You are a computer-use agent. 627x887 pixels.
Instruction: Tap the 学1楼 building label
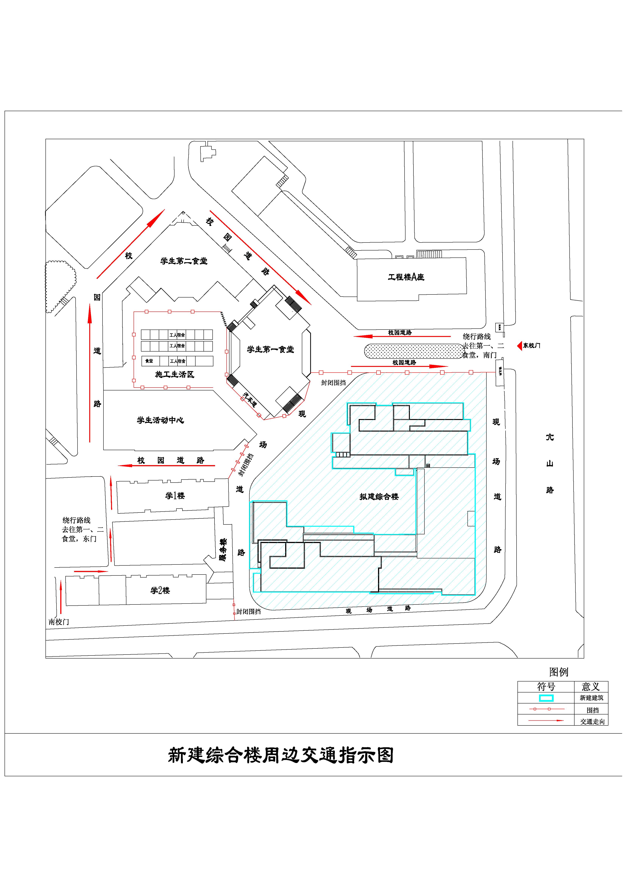(x=175, y=496)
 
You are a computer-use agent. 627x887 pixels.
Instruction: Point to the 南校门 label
(x=59, y=622)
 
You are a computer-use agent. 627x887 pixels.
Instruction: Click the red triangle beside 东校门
(x=520, y=346)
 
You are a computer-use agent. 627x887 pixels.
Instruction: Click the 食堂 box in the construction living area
(x=149, y=361)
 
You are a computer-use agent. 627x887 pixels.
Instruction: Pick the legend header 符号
(x=546, y=687)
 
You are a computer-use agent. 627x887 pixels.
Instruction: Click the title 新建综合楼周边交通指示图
(x=281, y=756)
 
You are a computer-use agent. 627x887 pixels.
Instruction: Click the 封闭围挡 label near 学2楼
(x=248, y=611)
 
